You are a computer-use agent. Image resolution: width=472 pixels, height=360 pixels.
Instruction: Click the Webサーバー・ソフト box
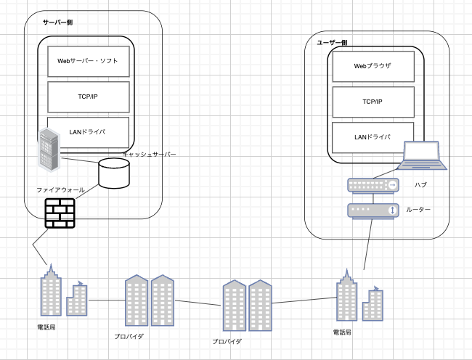(89, 62)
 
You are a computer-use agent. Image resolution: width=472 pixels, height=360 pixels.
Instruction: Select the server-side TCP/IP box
(89, 97)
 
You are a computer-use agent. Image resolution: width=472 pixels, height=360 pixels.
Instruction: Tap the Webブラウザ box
(373, 67)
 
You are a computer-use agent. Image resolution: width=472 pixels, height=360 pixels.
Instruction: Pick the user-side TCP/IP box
(373, 102)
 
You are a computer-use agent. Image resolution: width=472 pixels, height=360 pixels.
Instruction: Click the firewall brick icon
(60, 213)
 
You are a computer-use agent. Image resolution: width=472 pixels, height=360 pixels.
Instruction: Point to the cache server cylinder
(114, 173)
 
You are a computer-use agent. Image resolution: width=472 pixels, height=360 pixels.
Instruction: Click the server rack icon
(49, 150)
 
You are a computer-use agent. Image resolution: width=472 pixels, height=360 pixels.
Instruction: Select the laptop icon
(422, 155)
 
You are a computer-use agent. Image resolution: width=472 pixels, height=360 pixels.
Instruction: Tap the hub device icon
(373, 186)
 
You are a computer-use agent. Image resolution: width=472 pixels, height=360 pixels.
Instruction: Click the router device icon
(373, 210)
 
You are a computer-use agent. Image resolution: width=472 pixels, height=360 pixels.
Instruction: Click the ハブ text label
(420, 185)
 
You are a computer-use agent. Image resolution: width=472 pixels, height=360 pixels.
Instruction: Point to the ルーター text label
(418, 210)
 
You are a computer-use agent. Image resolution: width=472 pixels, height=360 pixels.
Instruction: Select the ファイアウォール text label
(60, 190)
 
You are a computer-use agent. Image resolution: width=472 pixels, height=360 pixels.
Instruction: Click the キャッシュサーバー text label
(150, 155)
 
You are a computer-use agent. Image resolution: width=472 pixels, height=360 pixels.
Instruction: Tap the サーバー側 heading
(57, 22)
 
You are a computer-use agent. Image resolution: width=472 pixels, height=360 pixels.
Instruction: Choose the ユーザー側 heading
(332, 43)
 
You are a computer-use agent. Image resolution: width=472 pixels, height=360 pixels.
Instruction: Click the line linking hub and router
(373, 198)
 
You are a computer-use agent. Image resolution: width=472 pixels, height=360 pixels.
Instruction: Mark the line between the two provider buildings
(198, 303)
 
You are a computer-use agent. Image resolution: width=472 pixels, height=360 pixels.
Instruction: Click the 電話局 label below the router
(342, 332)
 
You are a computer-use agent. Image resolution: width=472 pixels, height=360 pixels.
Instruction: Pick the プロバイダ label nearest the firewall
(129, 337)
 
